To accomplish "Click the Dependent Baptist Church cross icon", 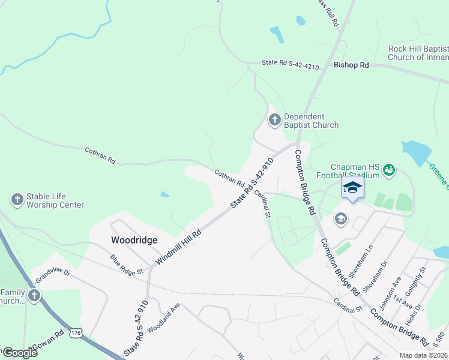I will coord(275,120).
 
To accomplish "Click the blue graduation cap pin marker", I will coord(352,188).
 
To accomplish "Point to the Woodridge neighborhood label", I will coord(134,240).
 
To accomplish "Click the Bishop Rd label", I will coord(351,65).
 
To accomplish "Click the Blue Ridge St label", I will coord(126,265).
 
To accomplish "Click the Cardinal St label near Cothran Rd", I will coord(262,203).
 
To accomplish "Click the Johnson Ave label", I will coord(397,289).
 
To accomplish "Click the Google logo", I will coord(20,353).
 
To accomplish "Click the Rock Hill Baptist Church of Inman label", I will coord(418,53).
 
